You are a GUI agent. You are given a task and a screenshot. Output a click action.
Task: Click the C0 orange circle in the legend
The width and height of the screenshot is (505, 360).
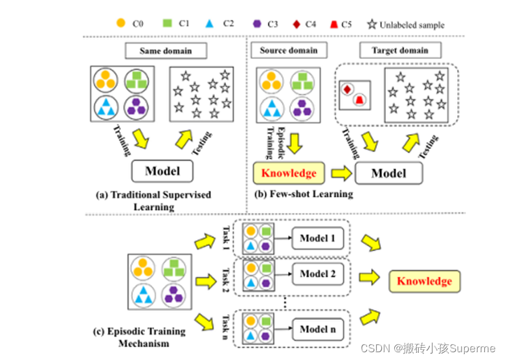click(121, 23)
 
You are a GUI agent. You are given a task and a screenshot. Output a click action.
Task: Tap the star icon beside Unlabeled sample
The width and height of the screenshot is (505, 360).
click(372, 25)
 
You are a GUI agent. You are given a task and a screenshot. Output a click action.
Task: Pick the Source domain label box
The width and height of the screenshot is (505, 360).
click(289, 51)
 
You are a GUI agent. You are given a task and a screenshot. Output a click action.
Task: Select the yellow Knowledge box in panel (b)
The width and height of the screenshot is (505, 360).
click(289, 174)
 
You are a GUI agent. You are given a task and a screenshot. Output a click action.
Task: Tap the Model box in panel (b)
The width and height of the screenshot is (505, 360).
click(388, 174)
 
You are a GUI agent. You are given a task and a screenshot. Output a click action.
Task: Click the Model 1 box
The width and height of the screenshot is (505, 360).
click(317, 239)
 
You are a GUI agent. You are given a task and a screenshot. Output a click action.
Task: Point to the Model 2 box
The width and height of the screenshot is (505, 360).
click(317, 275)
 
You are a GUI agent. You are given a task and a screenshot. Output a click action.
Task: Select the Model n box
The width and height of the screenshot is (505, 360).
click(317, 330)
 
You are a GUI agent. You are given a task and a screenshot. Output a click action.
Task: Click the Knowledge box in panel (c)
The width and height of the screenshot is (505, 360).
click(424, 281)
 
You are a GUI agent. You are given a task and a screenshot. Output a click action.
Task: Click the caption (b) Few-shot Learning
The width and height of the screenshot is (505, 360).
click(302, 194)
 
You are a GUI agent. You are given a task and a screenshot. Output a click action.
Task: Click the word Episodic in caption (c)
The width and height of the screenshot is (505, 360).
click(131, 332)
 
